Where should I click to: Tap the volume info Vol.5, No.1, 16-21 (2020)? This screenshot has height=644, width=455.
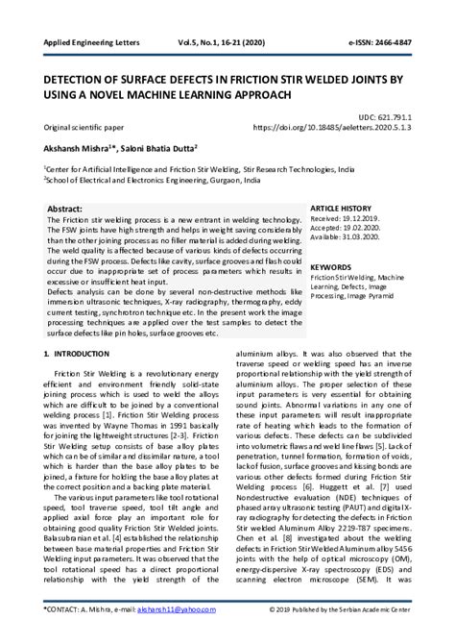coord(249,44)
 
